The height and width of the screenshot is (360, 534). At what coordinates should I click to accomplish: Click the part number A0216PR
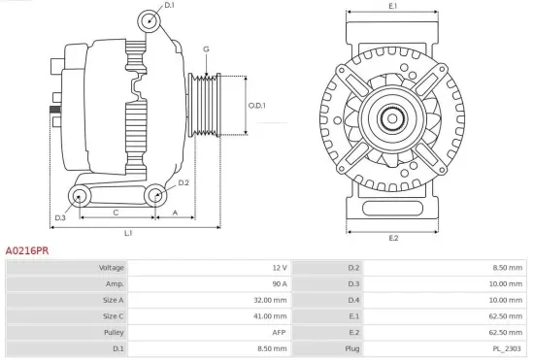pos(27,249)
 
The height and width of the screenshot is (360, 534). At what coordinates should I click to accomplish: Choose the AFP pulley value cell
pos(279,332)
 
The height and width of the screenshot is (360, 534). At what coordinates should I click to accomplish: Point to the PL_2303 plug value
pos(506,348)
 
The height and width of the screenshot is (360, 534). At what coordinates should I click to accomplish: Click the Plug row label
pos(351,348)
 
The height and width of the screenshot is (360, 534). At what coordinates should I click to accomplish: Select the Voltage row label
pos(112,267)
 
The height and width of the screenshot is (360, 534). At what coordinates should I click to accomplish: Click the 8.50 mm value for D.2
pos(506,267)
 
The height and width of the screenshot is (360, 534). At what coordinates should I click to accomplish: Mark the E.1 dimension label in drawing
pos(392,7)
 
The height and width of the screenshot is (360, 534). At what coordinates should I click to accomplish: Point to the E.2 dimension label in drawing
pos(392,238)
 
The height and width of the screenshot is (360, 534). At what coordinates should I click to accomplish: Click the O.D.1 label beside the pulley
pos(256,105)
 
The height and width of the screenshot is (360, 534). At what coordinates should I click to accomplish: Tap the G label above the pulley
pos(206,49)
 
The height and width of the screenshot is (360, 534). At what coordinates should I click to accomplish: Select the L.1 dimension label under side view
pos(128,233)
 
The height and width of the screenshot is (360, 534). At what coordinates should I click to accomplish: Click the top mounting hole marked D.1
pos(148,21)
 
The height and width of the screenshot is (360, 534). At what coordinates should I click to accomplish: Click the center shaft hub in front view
pos(392,119)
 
